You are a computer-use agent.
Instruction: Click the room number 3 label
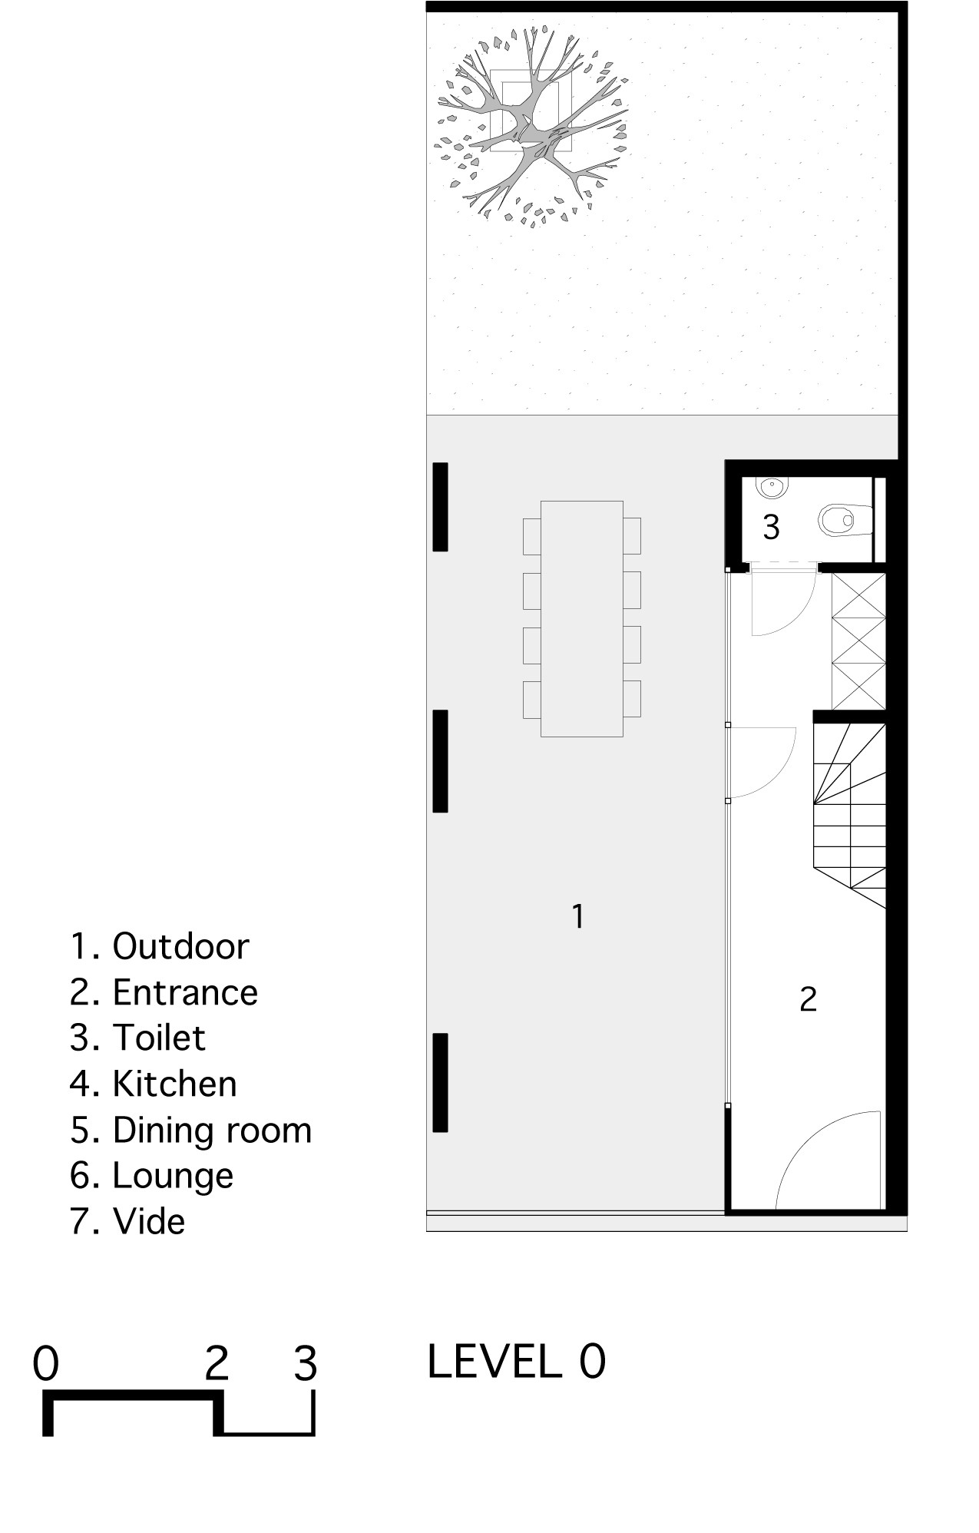(771, 528)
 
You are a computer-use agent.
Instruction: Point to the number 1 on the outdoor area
(578, 916)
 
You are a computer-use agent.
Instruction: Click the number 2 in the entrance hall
(808, 999)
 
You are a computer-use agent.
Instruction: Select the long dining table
(582, 619)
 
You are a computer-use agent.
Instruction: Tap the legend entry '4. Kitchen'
(154, 1084)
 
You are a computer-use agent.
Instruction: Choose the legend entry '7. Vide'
(127, 1221)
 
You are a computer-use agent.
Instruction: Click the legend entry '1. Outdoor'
(160, 946)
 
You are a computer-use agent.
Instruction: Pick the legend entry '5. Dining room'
(190, 1130)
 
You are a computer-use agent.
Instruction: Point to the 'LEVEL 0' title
(516, 1362)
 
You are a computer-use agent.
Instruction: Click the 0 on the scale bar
(46, 1364)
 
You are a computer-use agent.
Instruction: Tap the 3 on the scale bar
(306, 1364)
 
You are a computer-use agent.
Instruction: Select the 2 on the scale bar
(217, 1364)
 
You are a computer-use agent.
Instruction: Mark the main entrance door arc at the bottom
(806, 1131)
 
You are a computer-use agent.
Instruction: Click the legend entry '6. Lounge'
(151, 1176)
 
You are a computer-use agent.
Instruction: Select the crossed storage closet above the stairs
(858, 641)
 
